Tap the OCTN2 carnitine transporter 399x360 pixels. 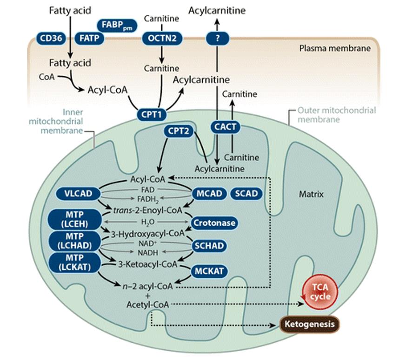pos(162,38)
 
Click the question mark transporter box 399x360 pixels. pos(216,38)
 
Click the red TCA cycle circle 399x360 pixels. pos(318,293)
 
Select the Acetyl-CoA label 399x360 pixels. pos(148,305)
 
